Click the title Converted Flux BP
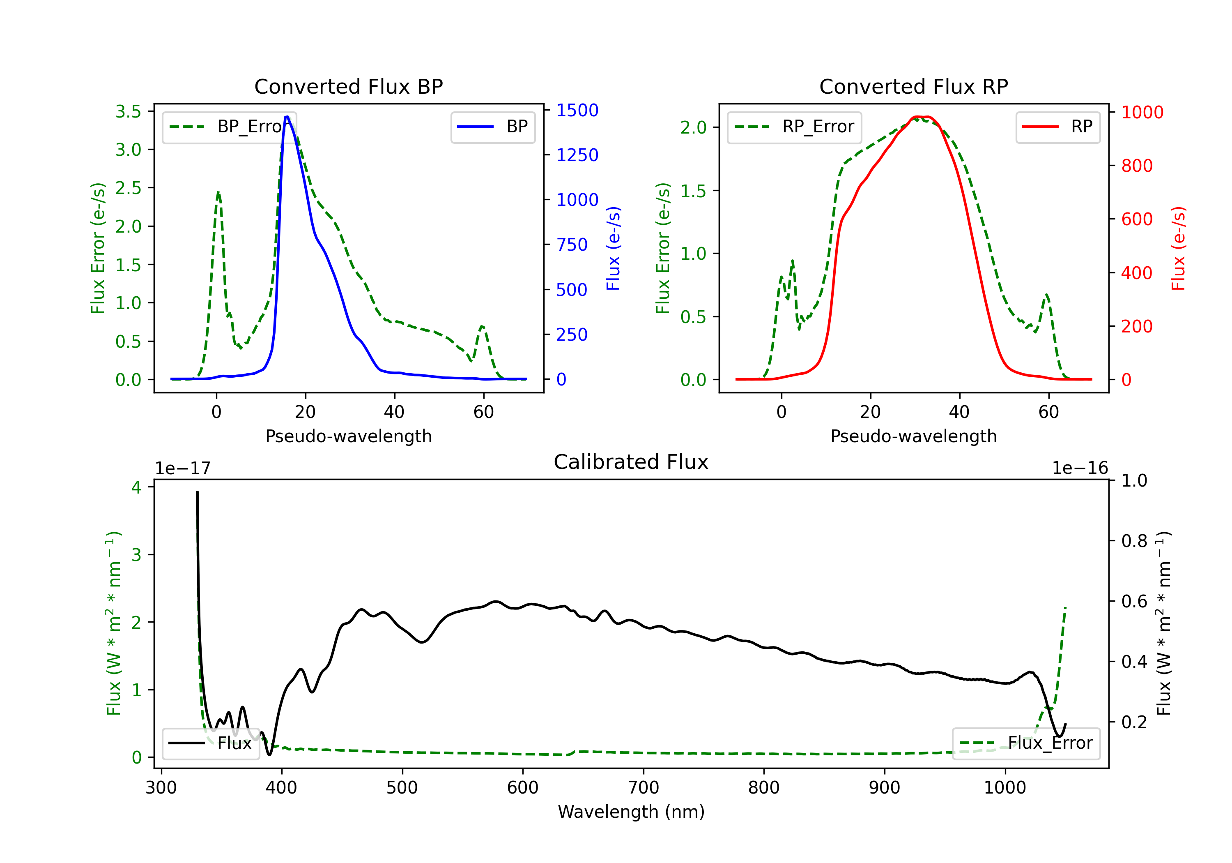348,86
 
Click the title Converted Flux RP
913,86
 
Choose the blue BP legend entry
492,127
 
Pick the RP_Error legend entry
794,127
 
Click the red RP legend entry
1057,127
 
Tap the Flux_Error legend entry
1025,743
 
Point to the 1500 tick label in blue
577,110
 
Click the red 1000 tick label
1142,112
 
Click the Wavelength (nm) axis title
631,812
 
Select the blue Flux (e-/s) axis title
613,248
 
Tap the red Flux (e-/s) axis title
1178,248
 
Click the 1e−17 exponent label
182,468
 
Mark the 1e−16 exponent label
1080,468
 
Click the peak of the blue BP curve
287,117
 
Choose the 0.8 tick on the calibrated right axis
1134,541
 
